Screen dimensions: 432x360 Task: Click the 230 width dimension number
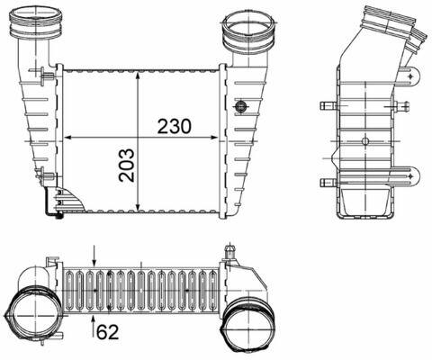tap(175, 126)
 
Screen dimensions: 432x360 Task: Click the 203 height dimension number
tap(127, 166)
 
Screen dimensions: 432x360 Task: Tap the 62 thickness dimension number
tap(108, 332)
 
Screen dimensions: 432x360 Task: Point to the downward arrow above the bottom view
tap(94, 256)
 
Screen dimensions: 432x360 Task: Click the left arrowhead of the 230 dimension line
tap(67, 138)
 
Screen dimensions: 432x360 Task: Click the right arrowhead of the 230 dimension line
tap(214, 138)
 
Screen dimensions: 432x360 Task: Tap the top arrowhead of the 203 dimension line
tap(138, 75)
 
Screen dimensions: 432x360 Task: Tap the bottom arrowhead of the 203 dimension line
tap(138, 207)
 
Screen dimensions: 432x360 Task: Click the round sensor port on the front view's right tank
tap(240, 106)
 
